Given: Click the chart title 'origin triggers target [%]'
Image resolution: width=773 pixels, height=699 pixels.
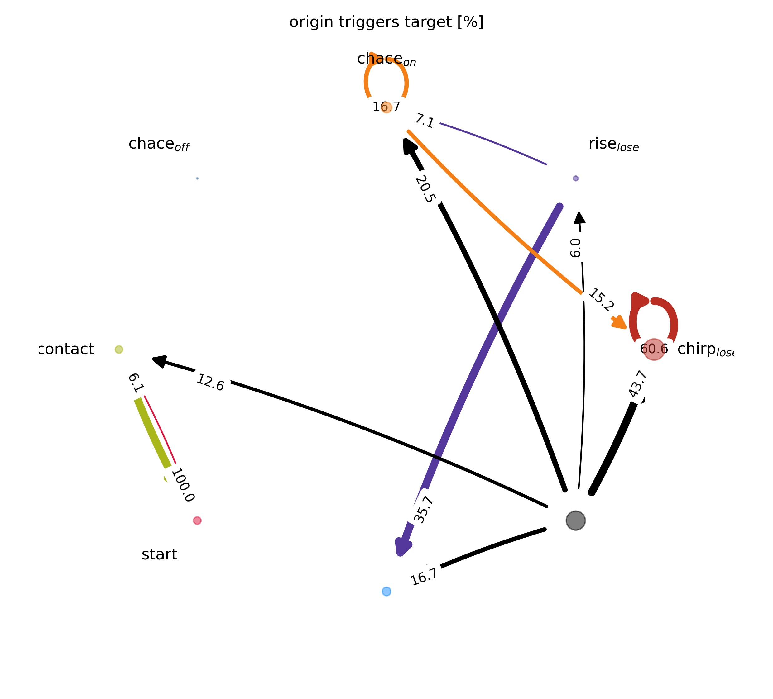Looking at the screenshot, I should coord(386,22).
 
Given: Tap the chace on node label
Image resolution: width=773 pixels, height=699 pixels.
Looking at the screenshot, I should coord(386,59).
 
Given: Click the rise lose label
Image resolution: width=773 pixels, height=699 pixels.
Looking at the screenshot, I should coord(613,145).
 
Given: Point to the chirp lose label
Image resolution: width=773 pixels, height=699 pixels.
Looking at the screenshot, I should coord(705,349).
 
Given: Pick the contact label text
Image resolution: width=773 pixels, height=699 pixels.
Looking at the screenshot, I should coord(67,349).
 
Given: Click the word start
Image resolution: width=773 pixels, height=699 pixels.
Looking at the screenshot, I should coord(159,554).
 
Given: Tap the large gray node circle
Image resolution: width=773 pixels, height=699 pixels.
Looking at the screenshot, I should coord(575,521).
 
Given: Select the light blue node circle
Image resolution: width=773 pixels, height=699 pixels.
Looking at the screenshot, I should coord(386,591).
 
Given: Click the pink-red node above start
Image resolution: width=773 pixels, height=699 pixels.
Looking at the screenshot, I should coord(197,521).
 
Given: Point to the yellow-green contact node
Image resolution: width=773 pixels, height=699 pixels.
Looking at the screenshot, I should coord(119,349).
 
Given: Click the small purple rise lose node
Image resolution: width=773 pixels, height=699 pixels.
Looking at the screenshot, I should coord(575,178).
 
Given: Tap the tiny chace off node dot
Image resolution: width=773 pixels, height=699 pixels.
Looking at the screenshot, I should coord(197,178).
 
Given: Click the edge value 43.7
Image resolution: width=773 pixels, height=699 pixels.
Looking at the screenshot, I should coord(637,384).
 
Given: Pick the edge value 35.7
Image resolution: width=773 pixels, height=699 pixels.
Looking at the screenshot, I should coord(423,509).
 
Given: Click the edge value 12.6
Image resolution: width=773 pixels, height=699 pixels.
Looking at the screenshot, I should coord(210,383).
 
